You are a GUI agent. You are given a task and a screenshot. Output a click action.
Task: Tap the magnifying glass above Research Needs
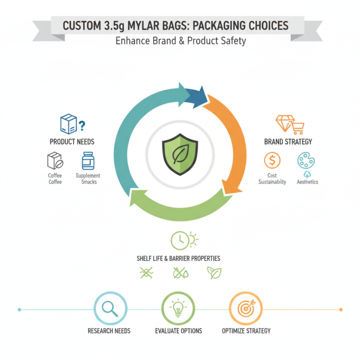coord(109,308)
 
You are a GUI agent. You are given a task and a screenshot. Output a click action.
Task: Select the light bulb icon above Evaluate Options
coord(177,308)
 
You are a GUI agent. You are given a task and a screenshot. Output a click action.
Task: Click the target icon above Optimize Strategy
coord(245,309)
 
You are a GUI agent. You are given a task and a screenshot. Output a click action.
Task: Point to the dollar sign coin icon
coord(272,160)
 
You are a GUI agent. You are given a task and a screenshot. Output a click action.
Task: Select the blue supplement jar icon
coord(88,161)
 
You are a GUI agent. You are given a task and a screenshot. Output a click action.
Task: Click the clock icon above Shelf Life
coord(179,240)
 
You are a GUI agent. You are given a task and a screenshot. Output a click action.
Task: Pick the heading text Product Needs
coord(72,142)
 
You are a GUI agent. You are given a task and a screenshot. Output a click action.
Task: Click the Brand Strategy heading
coord(288,142)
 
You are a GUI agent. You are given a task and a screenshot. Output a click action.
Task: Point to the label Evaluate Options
coord(179,331)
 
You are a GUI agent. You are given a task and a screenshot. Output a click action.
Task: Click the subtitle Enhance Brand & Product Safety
coord(180,41)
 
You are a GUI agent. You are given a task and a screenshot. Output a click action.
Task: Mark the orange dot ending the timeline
coord(341,310)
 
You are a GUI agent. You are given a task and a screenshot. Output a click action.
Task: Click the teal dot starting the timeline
coord(19,310)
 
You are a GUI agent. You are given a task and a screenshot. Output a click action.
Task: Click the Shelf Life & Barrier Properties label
coord(179,259)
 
